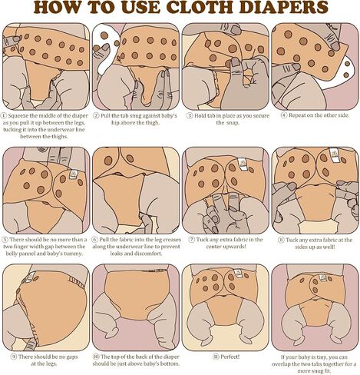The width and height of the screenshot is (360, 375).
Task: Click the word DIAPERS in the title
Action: click(283, 7)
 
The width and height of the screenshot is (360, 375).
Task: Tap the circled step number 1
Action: click(5, 116)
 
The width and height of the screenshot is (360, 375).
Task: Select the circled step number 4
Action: click(284, 115)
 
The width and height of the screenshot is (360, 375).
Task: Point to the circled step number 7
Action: click(192, 240)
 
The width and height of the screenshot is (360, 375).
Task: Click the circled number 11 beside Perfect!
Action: click(216, 357)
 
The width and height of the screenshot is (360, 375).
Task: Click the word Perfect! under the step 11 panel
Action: click(230, 357)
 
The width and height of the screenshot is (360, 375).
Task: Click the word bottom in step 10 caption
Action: click(170, 363)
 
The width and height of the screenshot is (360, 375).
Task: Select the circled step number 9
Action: click(14, 357)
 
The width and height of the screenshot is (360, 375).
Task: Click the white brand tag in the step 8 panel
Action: click(334, 154)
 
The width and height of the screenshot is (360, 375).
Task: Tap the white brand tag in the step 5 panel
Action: click(74, 174)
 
